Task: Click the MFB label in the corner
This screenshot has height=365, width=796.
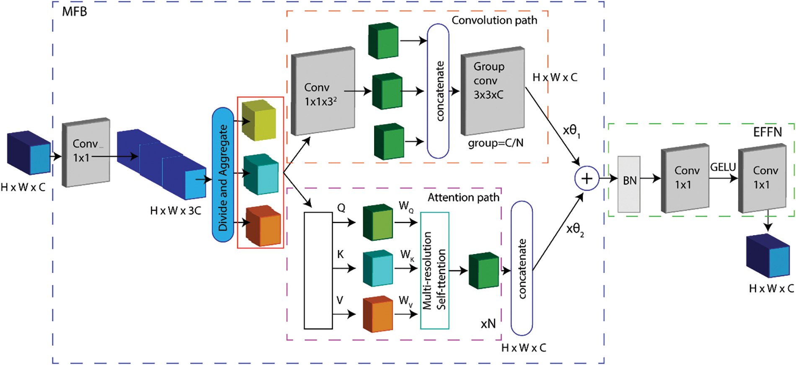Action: tap(75, 11)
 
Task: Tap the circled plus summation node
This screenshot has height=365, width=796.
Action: tap(587, 179)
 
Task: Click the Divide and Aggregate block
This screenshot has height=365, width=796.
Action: tap(223, 175)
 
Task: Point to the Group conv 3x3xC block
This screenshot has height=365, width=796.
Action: tap(492, 90)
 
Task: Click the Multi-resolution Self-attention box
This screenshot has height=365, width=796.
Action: tap(434, 270)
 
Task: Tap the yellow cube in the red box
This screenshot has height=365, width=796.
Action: tap(259, 120)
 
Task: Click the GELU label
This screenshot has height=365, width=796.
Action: tap(723, 167)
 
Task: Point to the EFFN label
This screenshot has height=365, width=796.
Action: tap(768, 132)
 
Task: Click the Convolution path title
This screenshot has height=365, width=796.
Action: tap(494, 20)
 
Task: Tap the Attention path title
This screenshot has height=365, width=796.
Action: tap(463, 198)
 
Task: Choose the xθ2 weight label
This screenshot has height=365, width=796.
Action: tap(575, 229)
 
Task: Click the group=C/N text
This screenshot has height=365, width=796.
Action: tap(496, 143)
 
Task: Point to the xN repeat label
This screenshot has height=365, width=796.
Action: tap(488, 324)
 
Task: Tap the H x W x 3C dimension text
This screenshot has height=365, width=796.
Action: tap(176, 211)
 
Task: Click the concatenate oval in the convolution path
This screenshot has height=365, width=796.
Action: tap(438, 91)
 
